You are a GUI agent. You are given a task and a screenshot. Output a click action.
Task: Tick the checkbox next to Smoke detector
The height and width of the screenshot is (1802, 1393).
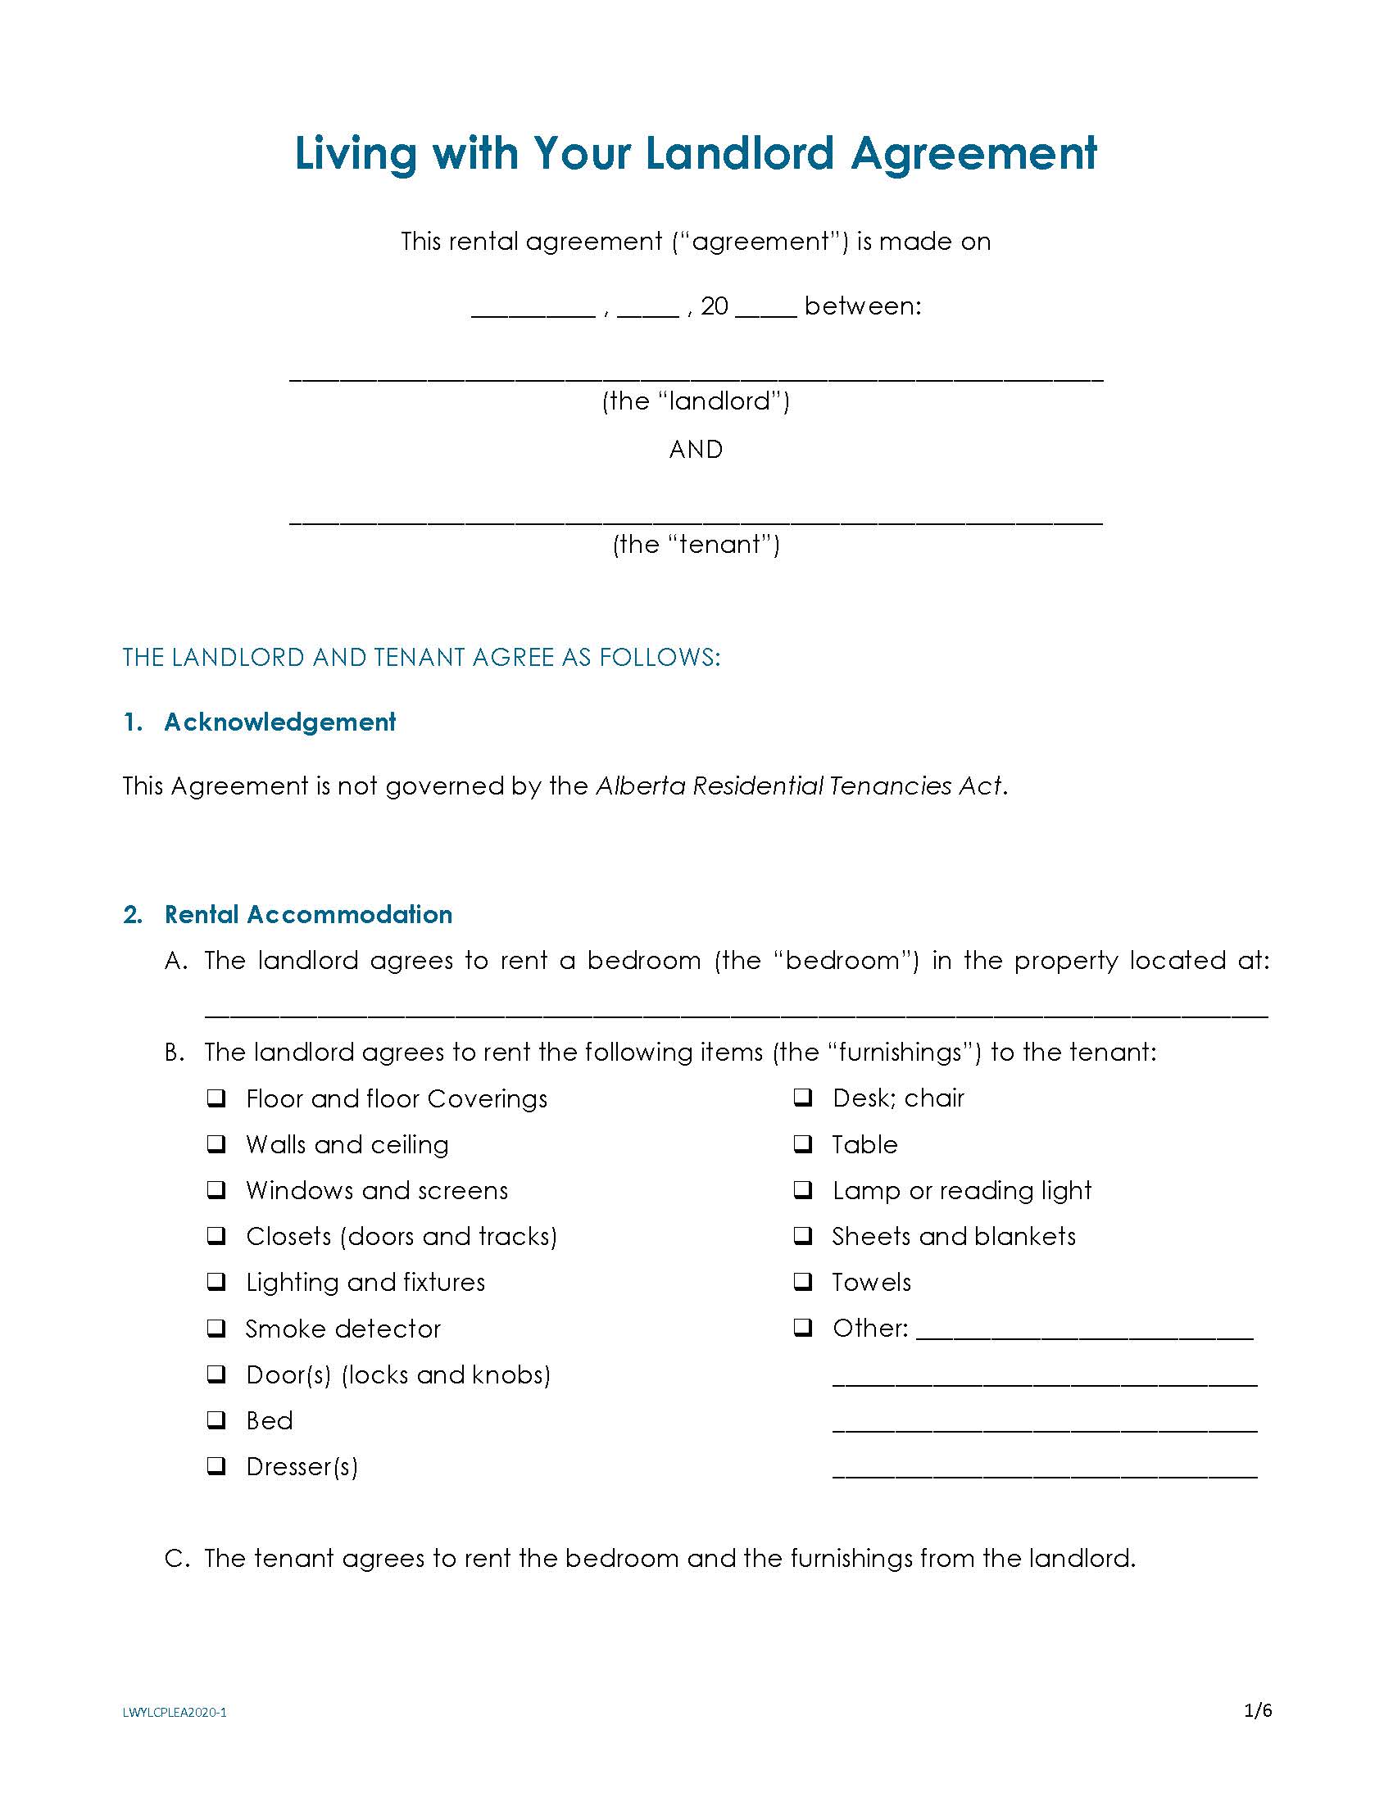point(216,1329)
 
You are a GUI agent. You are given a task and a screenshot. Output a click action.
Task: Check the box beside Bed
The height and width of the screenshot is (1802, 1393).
point(216,1420)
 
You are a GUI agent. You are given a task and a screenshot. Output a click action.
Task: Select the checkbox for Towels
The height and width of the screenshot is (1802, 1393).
point(803,1281)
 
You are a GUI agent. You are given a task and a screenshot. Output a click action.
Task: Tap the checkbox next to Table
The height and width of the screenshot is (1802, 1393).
point(803,1143)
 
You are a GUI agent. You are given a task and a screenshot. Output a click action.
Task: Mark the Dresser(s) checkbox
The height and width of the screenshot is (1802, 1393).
point(216,1466)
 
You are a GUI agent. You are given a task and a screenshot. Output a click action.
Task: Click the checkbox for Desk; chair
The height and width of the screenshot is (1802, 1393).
point(803,1098)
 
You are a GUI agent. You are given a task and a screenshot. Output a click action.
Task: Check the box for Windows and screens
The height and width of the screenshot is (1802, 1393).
point(216,1190)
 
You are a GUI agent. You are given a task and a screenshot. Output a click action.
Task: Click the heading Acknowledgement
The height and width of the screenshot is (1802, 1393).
point(279,722)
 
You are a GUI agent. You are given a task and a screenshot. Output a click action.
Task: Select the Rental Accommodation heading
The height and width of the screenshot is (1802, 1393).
point(308,914)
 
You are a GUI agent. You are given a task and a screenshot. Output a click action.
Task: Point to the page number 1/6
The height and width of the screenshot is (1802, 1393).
point(1258,1711)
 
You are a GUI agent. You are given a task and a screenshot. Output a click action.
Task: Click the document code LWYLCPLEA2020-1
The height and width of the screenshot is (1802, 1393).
point(175,1712)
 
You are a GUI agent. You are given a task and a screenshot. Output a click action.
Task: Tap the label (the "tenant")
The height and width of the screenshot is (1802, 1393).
point(696,545)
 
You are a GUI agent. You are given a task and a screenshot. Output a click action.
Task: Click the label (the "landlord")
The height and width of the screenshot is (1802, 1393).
point(696,401)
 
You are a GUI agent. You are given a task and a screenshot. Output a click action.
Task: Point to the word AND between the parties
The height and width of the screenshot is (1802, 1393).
point(696,450)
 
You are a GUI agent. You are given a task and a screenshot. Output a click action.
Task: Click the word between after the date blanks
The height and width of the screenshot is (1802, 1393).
point(862,306)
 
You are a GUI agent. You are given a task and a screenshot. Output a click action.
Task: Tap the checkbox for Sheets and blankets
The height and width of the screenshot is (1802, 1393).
point(803,1235)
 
